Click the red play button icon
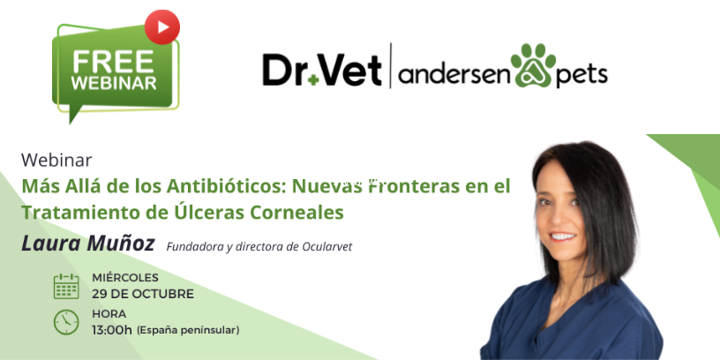pyautogui.click(x=162, y=26)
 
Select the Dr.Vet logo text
pyautogui.click(x=322, y=71)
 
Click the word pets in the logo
pyautogui.click(x=582, y=75)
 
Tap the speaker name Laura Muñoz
pyautogui.click(x=88, y=243)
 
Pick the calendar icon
pyautogui.click(x=66, y=286)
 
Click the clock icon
pyautogui.click(x=66, y=322)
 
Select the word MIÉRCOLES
pyautogui.click(x=125, y=277)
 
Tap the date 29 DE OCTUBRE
pyautogui.click(x=143, y=294)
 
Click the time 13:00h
pyautogui.click(x=112, y=330)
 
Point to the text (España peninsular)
pyautogui.click(x=188, y=331)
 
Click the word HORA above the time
pyautogui.click(x=109, y=313)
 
